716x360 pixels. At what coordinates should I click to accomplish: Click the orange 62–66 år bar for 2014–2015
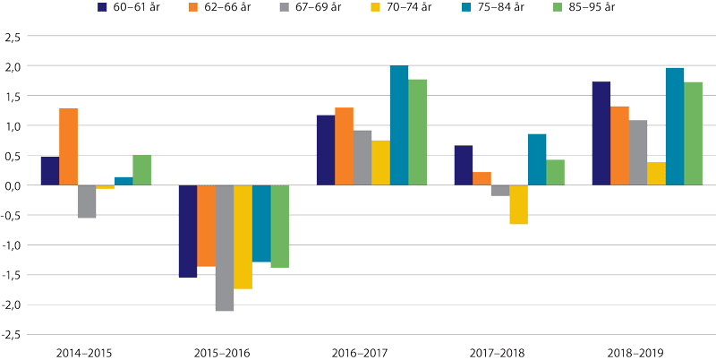pyautogui.click(x=69, y=147)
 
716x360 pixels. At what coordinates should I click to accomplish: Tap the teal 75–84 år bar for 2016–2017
pyautogui.click(x=399, y=125)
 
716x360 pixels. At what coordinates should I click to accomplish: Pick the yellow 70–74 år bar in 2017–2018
pyautogui.click(x=518, y=204)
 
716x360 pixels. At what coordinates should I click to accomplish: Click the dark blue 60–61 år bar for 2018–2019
pyautogui.click(x=601, y=133)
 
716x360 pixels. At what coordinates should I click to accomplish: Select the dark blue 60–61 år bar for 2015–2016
pyautogui.click(x=188, y=231)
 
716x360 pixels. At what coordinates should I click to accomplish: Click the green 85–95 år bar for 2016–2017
pyautogui.click(x=417, y=133)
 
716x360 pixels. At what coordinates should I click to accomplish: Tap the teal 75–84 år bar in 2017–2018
pyautogui.click(x=537, y=159)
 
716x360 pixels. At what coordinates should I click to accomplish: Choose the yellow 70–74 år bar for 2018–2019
pyautogui.click(x=656, y=174)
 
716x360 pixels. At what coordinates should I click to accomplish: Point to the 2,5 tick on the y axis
pyautogui.click(x=13, y=37)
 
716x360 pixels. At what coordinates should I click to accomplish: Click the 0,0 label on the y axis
pyautogui.click(x=13, y=185)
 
